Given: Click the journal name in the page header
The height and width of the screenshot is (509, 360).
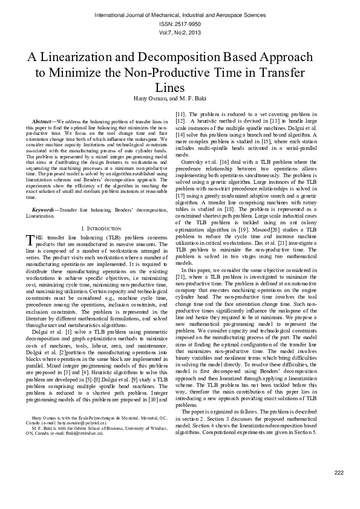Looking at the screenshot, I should [180, 14].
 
